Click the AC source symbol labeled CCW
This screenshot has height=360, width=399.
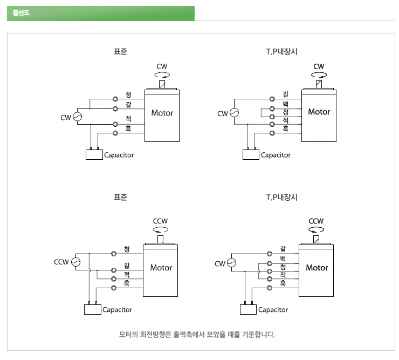tap(76, 262)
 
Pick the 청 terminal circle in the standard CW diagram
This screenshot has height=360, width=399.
tap(115, 99)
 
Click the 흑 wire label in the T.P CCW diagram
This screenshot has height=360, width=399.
tap(283, 283)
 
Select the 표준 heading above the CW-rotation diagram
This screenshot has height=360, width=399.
tap(121, 52)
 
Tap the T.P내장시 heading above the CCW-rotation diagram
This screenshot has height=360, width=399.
tap(281, 198)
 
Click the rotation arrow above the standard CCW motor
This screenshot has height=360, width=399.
tap(161, 229)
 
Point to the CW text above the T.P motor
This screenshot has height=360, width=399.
tap(319, 67)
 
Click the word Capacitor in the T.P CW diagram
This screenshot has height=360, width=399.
tap(276, 155)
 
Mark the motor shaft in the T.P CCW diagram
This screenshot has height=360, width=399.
tap(317, 238)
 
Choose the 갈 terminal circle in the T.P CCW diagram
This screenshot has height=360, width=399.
tap(269, 253)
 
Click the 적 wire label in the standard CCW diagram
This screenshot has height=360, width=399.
tap(127, 274)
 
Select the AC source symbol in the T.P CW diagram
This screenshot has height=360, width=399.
tap(234, 113)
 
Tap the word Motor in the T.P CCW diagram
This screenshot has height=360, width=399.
tap(317, 268)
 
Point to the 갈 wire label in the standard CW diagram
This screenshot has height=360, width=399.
tap(128, 104)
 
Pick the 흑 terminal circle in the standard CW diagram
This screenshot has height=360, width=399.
tap(115, 133)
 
